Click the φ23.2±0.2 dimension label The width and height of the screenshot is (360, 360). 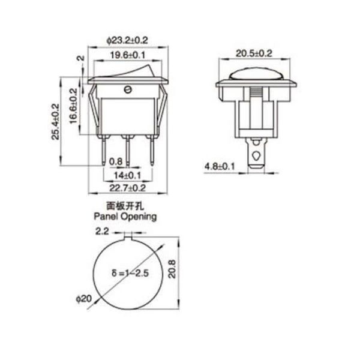pyautogui.click(x=127, y=40)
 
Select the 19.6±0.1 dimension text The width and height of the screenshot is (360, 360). pyautogui.click(x=127, y=55)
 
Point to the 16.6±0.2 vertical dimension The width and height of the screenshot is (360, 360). pyautogui.click(x=73, y=107)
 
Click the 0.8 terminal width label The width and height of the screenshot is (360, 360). pyautogui.click(x=116, y=161)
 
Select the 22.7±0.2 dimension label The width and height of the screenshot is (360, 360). pyautogui.click(x=127, y=188)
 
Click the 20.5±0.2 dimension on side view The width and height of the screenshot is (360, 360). pyautogui.click(x=254, y=54)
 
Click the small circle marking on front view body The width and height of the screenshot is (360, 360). pyautogui.click(x=127, y=90)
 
